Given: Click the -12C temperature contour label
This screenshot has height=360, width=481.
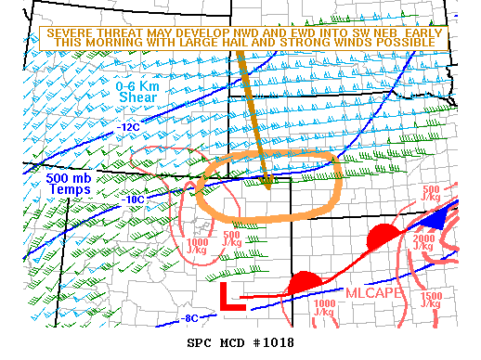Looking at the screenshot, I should [128, 126].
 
